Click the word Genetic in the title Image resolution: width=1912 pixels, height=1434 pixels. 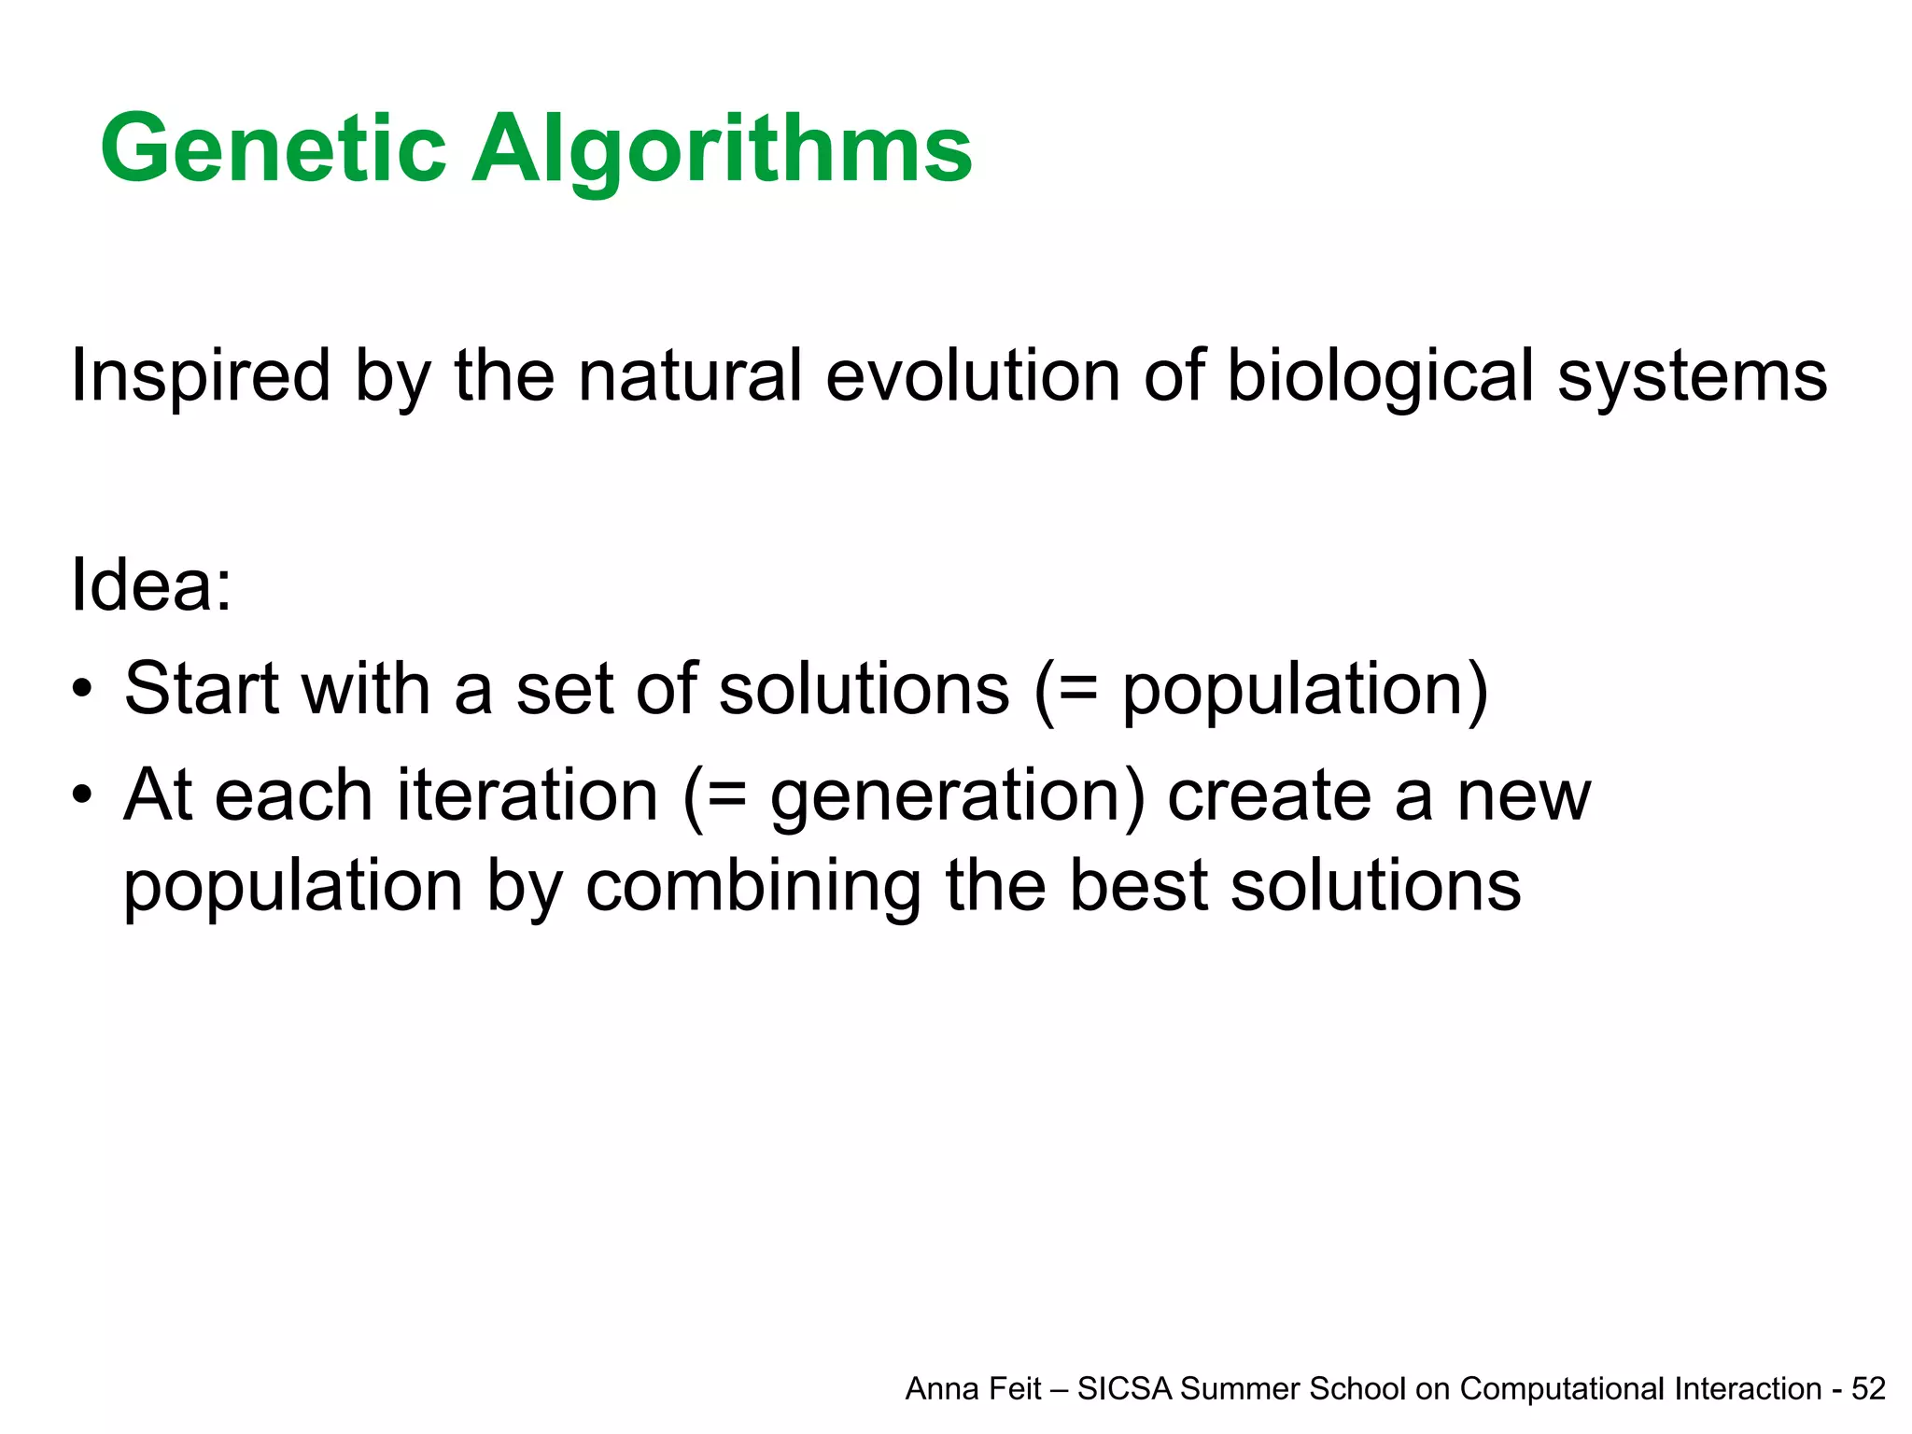pos(274,149)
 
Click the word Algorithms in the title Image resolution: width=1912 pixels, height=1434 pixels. pos(722,149)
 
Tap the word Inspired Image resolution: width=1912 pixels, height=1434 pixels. pos(201,376)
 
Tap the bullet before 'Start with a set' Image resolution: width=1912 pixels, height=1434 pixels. pos(83,692)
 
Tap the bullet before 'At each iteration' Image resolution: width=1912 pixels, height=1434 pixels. pos(83,797)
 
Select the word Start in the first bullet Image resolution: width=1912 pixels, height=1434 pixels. pos(202,689)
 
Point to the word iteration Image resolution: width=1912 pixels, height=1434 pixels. pos(528,795)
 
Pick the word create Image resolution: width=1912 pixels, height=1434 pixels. pos(1269,795)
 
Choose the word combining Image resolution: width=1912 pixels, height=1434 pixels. pos(752,887)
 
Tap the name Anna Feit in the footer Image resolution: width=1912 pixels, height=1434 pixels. pos(973,1389)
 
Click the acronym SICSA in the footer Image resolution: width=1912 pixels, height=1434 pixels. pos(1124,1389)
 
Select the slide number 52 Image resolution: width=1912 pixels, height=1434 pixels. pos(1868,1389)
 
